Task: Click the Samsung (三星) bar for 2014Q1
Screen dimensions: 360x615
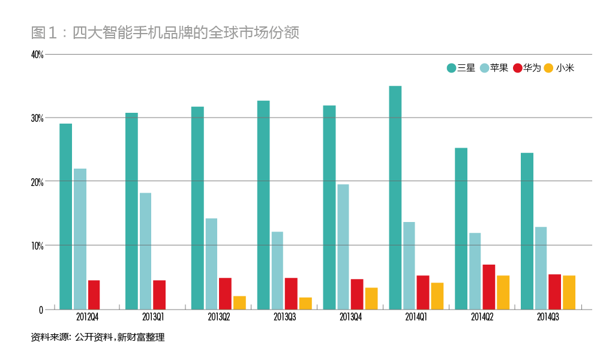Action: click(395, 197)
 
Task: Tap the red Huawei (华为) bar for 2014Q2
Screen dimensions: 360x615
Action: click(488, 287)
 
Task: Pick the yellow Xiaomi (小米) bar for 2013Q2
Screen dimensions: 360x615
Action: click(239, 302)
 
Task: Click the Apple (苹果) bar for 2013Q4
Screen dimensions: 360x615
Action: click(343, 247)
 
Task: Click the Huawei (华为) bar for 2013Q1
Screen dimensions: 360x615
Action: click(159, 295)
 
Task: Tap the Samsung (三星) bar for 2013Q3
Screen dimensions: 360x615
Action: click(263, 205)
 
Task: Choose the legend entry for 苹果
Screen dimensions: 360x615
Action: click(494, 68)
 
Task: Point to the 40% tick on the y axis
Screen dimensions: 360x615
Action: click(37, 55)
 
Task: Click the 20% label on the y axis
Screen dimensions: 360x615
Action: click(37, 182)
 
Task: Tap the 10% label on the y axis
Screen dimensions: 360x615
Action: click(37, 246)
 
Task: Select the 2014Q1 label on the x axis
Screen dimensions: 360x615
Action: click(416, 316)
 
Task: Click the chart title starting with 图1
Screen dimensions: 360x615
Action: click(165, 32)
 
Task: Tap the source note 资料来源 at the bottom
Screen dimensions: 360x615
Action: click(97, 338)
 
